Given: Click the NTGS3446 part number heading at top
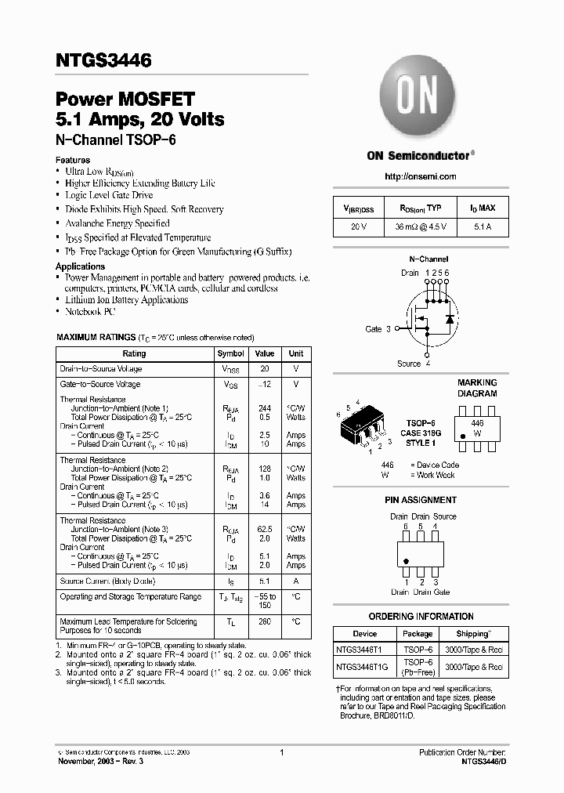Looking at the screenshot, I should tap(103, 60).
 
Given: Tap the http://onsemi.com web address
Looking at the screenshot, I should tap(421, 176).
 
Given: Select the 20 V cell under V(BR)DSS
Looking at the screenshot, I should tap(358, 227).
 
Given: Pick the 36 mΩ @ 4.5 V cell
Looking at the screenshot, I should tap(421, 227).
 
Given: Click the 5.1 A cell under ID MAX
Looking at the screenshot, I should tap(482, 227).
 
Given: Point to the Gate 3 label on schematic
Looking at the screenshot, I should tap(378, 329).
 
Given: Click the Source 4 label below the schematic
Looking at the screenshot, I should tap(414, 364).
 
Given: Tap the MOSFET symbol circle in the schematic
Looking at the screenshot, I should tap(428, 318).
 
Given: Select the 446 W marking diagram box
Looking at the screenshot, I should tap(477, 427).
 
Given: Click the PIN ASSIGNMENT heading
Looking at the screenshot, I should tap(421, 500).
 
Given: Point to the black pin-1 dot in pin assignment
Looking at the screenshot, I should tap(407, 562).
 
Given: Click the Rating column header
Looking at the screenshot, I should tap(134, 353).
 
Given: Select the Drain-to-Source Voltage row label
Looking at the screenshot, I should tap(101, 369).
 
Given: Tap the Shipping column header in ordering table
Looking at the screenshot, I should tap(473, 633).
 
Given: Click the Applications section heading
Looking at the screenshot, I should tap(80, 266).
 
